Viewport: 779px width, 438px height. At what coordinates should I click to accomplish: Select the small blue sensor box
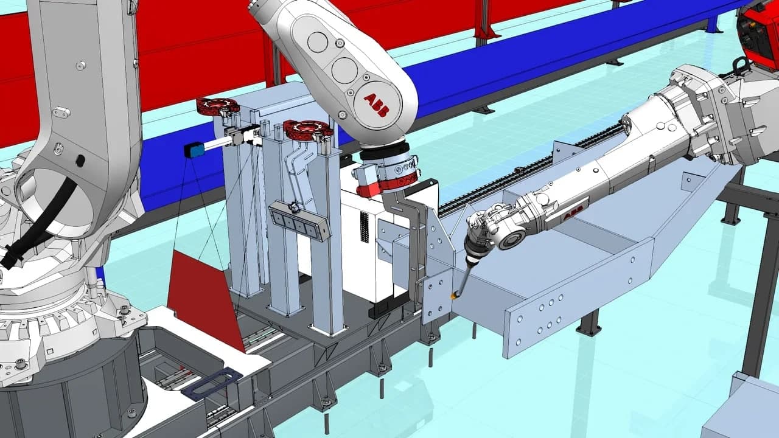pyautogui.click(x=195, y=149)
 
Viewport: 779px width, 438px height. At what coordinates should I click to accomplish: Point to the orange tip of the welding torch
pyautogui.click(x=453, y=296)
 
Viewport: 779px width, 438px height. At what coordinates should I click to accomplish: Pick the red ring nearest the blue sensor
pyautogui.click(x=217, y=106)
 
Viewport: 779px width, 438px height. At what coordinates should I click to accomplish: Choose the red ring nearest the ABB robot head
pyautogui.click(x=307, y=130)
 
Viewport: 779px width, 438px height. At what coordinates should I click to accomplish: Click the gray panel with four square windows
pyautogui.click(x=299, y=221)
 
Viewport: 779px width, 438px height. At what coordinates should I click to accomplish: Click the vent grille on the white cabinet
pyautogui.click(x=365, y=228)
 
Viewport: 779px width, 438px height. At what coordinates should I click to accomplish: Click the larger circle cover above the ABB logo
pyautogui.click(x=344, y=70)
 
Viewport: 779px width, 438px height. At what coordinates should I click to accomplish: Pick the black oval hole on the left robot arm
pyautogui.click(x=80, y=161)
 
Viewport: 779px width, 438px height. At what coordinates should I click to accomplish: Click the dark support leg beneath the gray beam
pyautogui.click(x=589, y=323)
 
